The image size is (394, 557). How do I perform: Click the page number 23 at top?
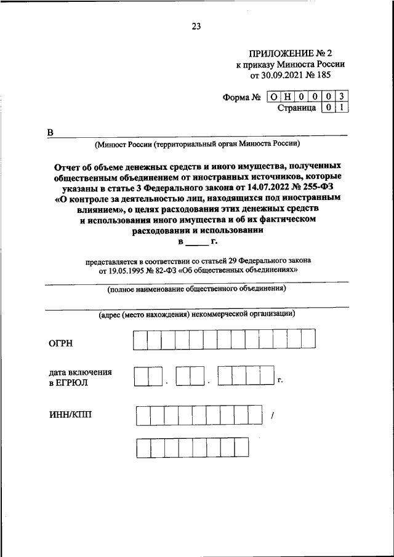coord(196,26)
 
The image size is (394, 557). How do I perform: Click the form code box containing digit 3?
coord(342,96)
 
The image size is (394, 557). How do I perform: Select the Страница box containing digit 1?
coord(342,108)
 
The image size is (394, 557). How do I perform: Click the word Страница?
coord(297,108)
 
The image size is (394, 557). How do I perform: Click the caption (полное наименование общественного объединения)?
coord(196,288)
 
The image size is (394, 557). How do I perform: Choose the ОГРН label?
coord(62,343)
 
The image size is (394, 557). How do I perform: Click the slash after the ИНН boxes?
coord(271,417)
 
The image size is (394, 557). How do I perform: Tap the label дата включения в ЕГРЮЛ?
coord(80,377)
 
